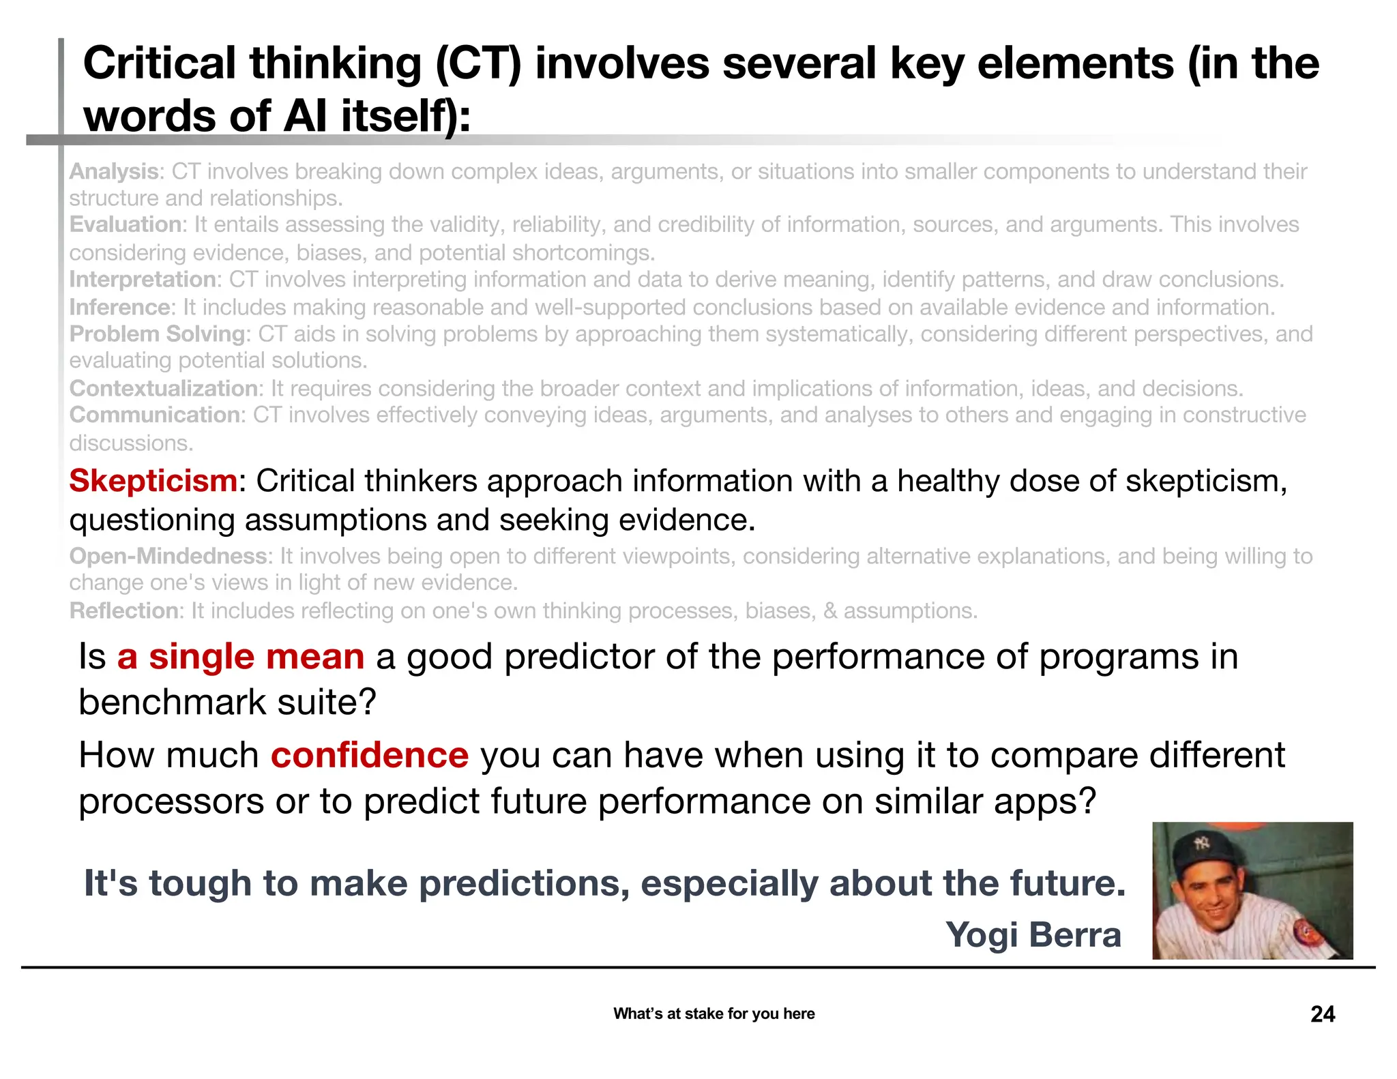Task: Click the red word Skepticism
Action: point(153,481)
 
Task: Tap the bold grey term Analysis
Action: point(114,171)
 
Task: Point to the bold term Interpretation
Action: point(143,280)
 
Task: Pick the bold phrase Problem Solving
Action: point(158,334)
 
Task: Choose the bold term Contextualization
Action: point(164,388)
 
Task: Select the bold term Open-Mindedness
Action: point(168,556)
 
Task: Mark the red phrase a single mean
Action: point(241,657)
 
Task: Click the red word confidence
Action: point(370,755)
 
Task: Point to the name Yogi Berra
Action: point(1033,934)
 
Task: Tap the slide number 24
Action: point(1322,1014)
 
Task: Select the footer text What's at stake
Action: point(714,1014)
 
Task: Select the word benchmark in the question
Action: point(171,702)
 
